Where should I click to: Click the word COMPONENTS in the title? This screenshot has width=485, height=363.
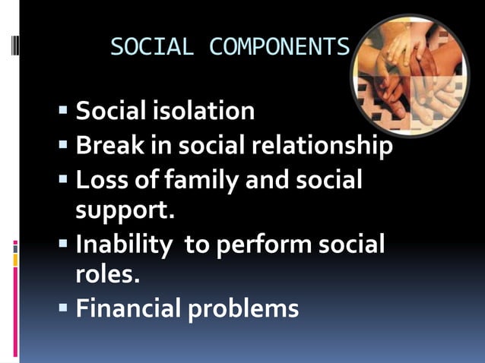point(279,48)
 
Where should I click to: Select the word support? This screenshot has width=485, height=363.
point(125,209)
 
